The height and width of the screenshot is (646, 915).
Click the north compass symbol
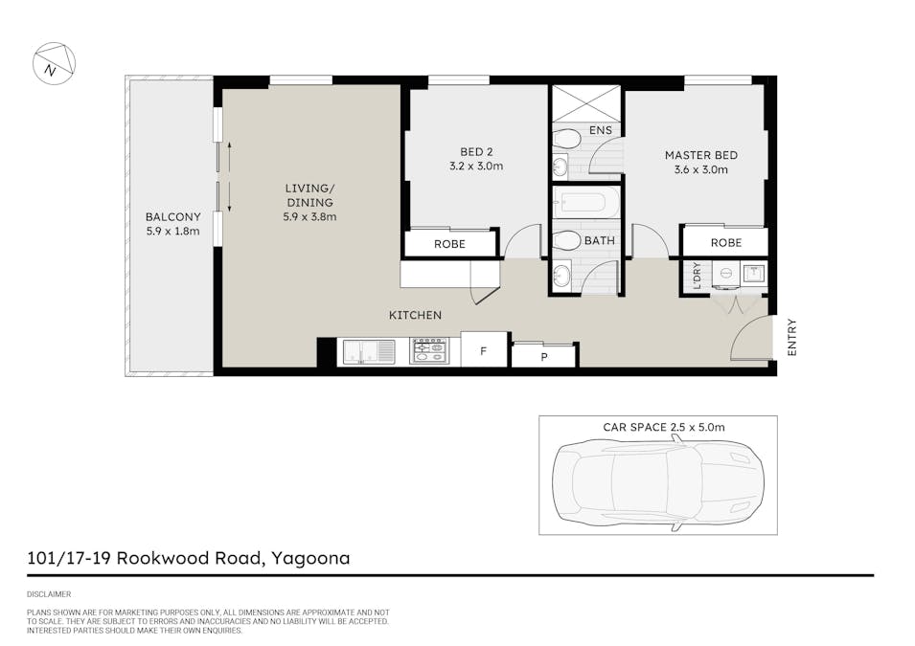54,63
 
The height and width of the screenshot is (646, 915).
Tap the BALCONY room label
172,217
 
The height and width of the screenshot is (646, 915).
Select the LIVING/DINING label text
309,195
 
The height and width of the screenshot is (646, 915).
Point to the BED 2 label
476,151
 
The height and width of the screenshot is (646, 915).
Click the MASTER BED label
700,155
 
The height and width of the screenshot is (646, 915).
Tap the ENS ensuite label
601,130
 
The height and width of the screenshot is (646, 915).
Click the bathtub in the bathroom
586,203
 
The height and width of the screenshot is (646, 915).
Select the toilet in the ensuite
566,139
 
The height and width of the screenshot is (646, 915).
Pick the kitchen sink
369,351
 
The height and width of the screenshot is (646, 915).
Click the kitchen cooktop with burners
429,350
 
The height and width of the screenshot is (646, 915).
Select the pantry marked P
544,356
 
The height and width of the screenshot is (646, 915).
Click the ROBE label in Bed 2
449,244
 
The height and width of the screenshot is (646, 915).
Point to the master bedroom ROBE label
726,242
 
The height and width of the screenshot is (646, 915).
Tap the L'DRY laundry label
697,276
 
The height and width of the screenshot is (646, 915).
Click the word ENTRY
791,337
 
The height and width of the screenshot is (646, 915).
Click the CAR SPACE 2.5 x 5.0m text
664,428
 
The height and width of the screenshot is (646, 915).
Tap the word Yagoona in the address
310,559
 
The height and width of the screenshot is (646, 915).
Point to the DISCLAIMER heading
49,594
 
